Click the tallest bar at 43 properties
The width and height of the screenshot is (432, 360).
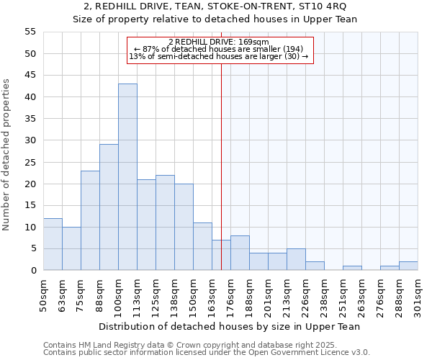tap(127, 177)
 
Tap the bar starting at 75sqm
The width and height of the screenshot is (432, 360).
tap(90, 220)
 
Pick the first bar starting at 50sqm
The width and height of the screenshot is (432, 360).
tap(53, 244)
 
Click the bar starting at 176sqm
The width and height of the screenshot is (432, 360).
tap(240, 253)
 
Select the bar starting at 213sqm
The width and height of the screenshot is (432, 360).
tap(296, 259)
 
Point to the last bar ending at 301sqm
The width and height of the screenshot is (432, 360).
tap(408, 266)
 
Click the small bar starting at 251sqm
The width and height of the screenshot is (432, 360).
tap(352, 268)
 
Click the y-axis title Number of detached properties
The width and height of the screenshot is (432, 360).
tap(7, 155)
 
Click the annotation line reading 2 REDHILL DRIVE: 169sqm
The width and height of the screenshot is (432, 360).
tap(220, 42)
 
